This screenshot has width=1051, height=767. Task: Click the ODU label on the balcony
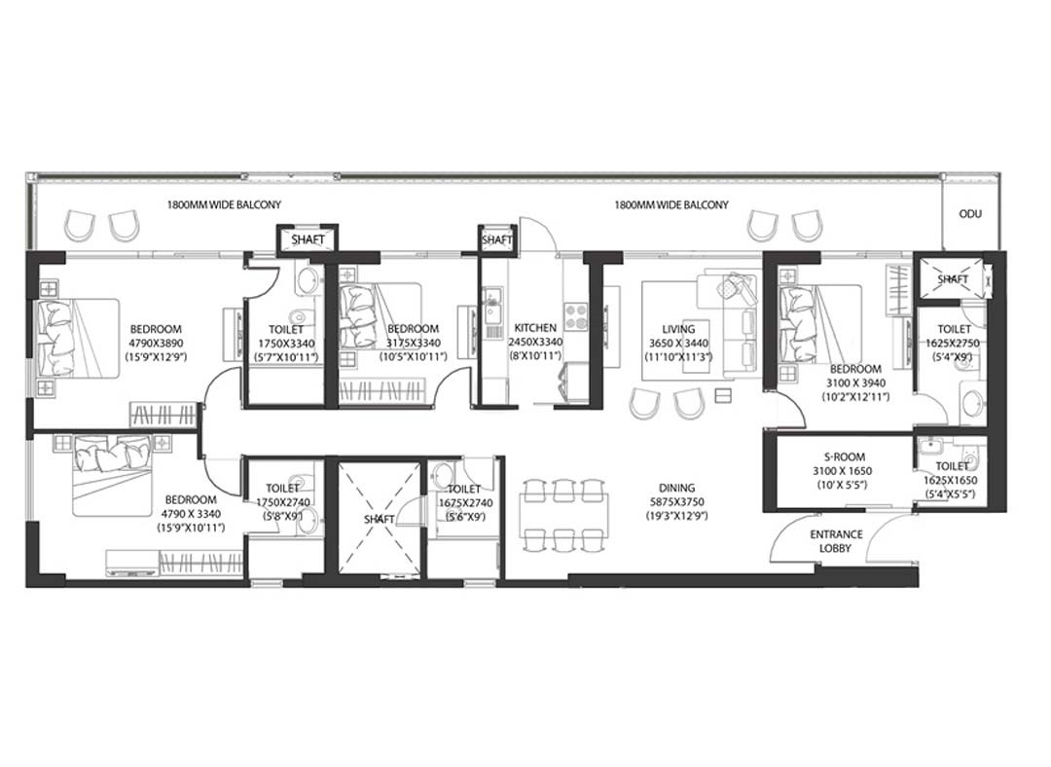970,214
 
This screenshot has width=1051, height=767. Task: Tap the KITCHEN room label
535,328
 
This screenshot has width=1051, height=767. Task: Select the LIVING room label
678,329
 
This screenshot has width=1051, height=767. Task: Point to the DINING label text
676,488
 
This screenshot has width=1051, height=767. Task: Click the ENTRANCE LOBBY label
836,541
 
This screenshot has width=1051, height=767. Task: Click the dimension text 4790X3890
156,343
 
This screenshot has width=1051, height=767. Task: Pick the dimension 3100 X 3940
855,383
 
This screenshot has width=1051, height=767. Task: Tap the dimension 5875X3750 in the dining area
676,502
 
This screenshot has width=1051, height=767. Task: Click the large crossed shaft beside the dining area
380,518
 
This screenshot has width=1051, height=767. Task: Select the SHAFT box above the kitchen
497,239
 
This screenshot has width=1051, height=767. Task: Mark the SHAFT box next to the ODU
952,277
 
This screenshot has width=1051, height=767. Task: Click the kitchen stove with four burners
576,316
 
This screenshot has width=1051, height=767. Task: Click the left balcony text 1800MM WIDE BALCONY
224,204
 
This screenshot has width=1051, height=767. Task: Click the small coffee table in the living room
722,396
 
